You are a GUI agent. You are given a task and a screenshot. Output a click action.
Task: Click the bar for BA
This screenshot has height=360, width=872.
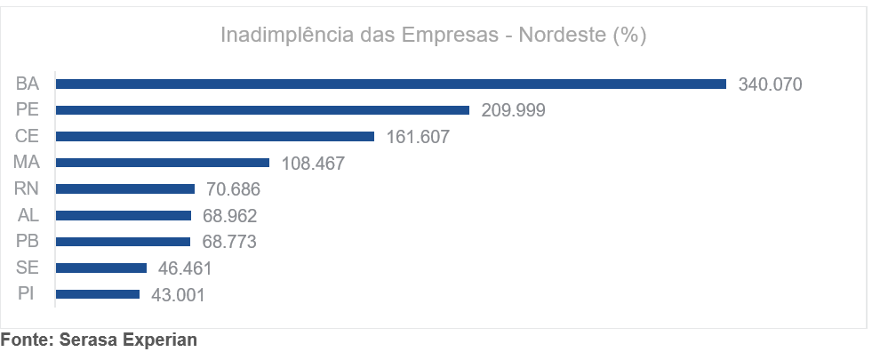(391, 84)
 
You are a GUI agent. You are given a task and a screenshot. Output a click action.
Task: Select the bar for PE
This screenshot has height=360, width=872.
(262, 110)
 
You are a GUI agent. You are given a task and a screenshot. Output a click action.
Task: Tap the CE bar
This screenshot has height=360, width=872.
(215, 137)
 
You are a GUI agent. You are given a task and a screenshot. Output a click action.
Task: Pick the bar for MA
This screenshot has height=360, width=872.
(163, 163)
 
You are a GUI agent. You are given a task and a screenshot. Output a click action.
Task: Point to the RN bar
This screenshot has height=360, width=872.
(125, 188)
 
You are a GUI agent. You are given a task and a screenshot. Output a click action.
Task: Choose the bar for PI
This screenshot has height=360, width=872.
(98, 294)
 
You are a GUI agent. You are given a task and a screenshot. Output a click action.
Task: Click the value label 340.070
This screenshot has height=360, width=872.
(770, 85)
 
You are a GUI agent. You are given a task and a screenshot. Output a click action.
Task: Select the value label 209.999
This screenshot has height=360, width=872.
(513, 111)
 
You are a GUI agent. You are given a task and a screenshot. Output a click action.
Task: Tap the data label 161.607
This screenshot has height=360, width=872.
(418, 138)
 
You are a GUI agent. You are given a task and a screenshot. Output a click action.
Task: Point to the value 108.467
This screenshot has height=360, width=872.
(312, 164)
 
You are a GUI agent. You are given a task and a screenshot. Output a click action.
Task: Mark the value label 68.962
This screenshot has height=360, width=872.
(229, 216)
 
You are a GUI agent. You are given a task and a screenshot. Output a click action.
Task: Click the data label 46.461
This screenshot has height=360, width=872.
(184, 268)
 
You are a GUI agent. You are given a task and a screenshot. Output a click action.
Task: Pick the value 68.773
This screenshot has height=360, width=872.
(228, 242)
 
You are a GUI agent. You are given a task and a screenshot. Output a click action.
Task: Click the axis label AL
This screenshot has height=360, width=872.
(28, 215)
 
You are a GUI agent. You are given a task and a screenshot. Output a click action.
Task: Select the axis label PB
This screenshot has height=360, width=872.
(28, 241)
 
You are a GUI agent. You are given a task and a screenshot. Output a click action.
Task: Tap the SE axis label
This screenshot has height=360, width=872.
(28, 268)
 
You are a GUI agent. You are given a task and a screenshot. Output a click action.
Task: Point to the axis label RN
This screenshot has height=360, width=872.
(28, 188)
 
